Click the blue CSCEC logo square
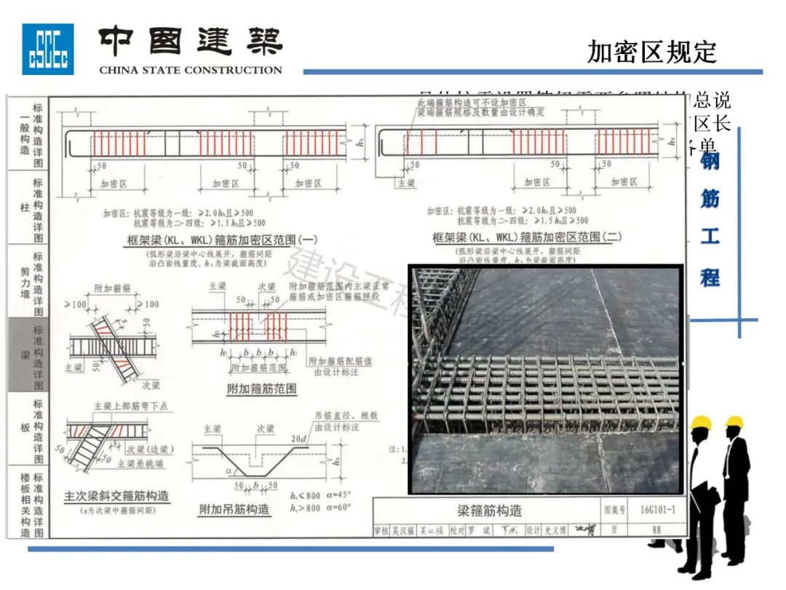point(47,49)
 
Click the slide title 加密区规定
point(651,52)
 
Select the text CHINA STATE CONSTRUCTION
point(190,71)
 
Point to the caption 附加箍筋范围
point(262,389)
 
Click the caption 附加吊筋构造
point(234,509)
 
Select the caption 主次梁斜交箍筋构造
point(117,497)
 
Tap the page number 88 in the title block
point(656,530)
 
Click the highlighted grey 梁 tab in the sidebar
point(28,355)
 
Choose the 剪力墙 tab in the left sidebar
point(28,281)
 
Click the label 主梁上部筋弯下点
point(130,406)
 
